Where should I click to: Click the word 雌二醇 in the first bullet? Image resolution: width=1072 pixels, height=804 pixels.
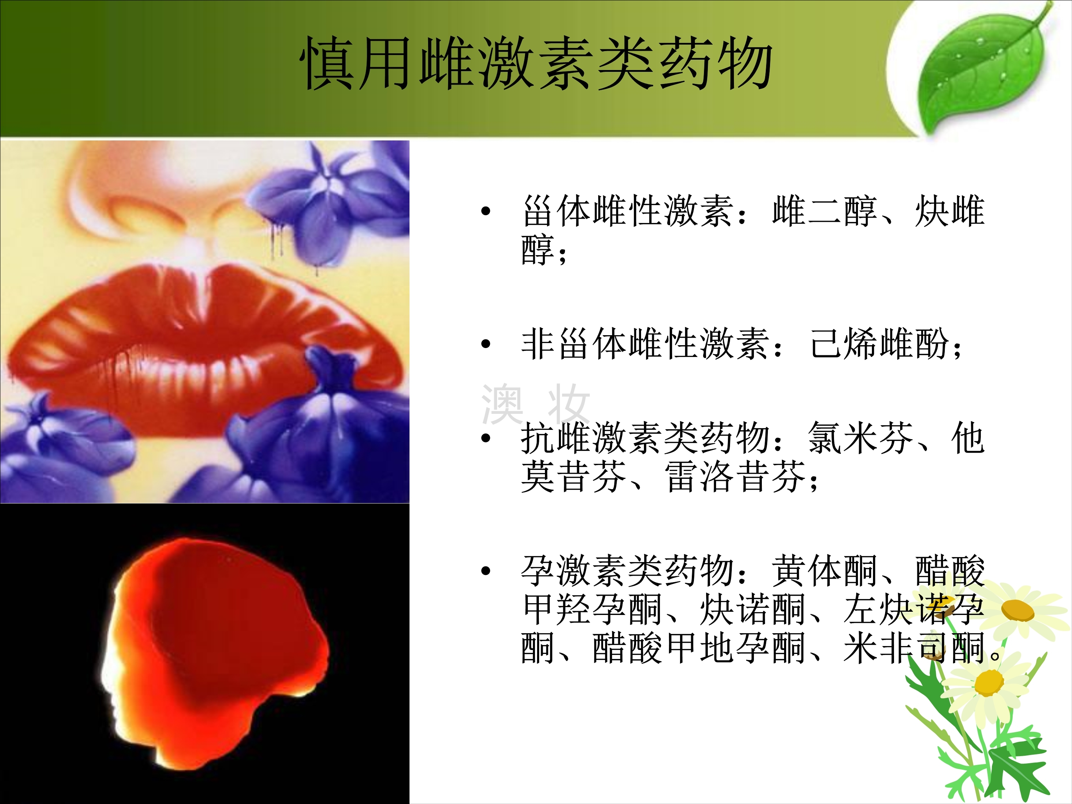coord(824,211)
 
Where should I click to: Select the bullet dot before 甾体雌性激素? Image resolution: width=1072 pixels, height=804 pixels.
coord(486,211)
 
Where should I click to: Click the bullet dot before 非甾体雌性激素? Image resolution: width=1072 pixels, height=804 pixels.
coord(486,344)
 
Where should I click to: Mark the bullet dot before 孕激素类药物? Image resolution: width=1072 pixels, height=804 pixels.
coord(486,571)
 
